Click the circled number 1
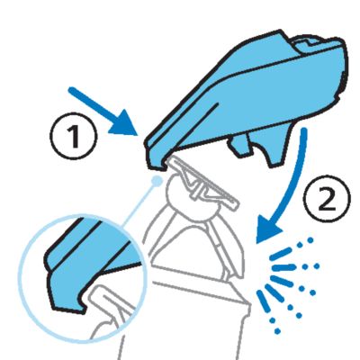[73, 136]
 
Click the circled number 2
[327, 198]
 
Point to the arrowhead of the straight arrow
[125, 125]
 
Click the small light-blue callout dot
[157, 181]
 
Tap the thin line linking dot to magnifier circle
[140, 203]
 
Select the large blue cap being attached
[249, 99]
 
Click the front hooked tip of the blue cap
[156, 162]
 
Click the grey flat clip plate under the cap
[204, 183]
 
